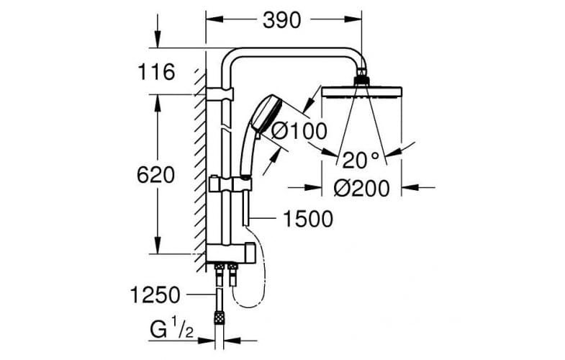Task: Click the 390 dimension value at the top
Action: tap(281, 21)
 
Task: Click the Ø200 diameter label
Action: tap(363, 189)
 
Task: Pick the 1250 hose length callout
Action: tap(155, 294)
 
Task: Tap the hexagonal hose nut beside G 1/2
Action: tap(215, 317)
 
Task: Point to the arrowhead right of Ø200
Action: tap(407, 189)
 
